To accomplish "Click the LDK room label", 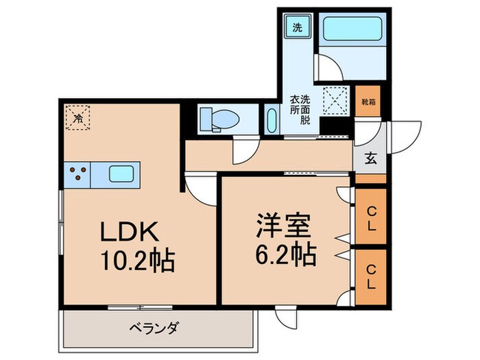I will coord(130,233).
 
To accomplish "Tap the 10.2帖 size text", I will coord(137,261).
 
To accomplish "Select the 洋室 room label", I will coord(285,226).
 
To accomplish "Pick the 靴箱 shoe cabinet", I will coord(368,102).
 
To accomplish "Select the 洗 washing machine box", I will coord(298,27).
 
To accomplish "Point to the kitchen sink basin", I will coord(122,175).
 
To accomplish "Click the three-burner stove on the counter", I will coord(77,175).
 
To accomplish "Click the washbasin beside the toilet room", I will coord(270,121).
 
